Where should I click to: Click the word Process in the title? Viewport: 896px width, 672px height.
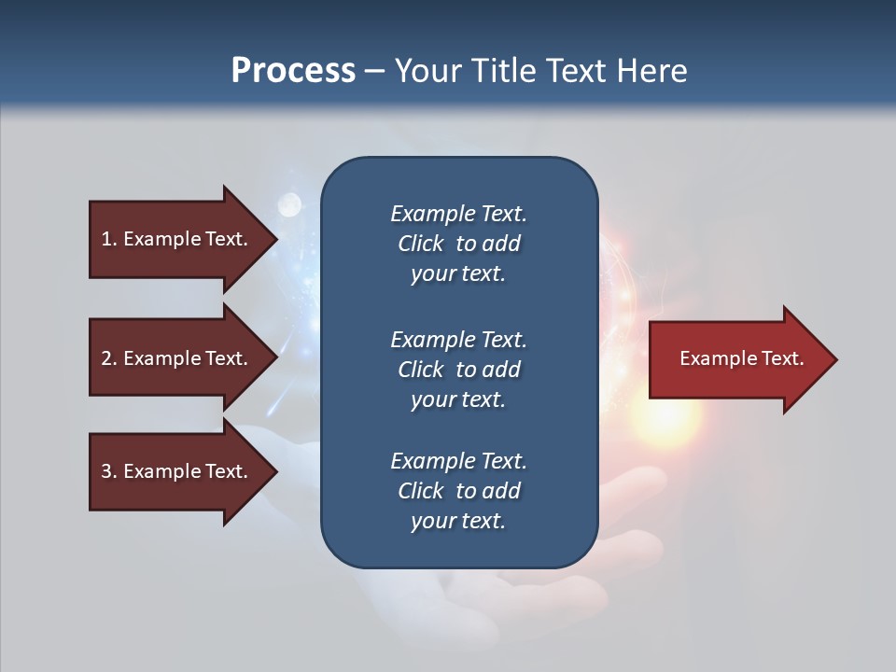point(293,71)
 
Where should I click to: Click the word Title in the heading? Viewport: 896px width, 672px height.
point(504,71)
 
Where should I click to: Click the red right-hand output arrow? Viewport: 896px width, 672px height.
point(737,359)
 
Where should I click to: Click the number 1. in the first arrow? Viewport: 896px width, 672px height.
point(109,239)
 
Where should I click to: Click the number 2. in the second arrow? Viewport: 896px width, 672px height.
point(109,358)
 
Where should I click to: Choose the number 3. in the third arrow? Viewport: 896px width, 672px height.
point(109,471)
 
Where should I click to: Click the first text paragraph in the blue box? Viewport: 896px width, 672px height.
point(458,244)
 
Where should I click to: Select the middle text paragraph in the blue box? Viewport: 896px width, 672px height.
point(458,370)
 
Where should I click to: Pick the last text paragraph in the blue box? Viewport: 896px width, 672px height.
point(458,491)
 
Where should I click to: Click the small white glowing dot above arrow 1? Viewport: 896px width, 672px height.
point(290,203)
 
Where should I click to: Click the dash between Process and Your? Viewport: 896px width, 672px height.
point(374,72)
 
